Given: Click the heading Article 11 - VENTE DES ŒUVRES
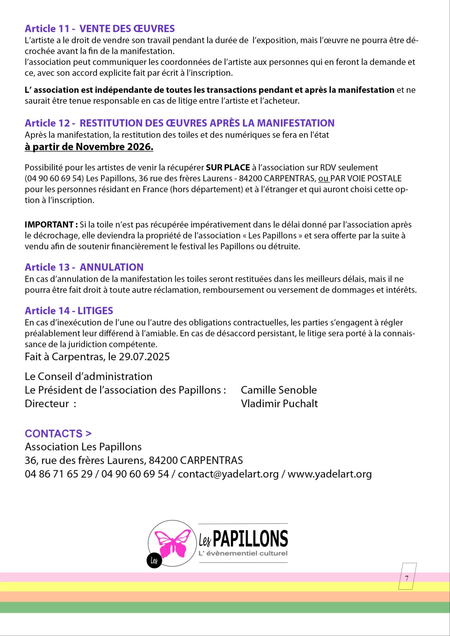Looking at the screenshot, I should coord(99,29).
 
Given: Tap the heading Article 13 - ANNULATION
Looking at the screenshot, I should coord(84,267).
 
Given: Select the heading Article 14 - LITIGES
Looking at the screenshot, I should coord(69,311).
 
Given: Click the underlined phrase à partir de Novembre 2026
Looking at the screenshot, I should coord(89,147).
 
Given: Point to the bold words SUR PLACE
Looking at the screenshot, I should coord(228,168).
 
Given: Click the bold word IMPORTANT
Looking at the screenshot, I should coord(49,225).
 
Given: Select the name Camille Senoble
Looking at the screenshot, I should coord(279,390).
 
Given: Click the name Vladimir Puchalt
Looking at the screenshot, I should coord(279,403).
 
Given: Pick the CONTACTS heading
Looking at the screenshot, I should coord(58,434).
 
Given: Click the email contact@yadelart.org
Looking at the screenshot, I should coord(228,474).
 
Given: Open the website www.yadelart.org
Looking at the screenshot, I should coord(330,474).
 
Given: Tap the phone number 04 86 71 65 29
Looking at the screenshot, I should coord(59,474).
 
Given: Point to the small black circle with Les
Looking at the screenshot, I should coord(154,560).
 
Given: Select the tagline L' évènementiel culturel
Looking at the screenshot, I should coord(243,553).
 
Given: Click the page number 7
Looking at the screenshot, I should coord(407,578).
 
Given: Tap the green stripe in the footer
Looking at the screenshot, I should coord(225,608).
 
